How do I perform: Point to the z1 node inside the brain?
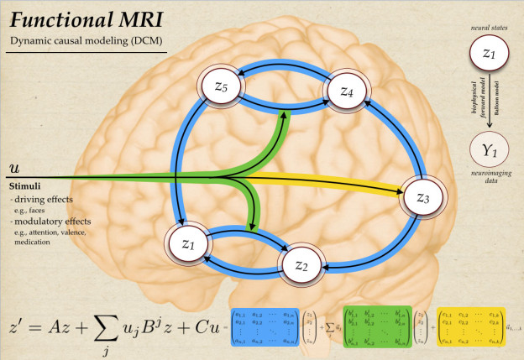pos(188,243)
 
